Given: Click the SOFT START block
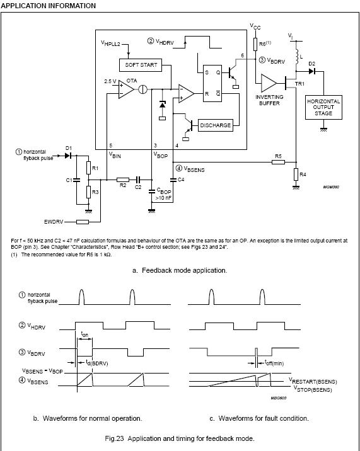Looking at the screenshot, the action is click(141, 65).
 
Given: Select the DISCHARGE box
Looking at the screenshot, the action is click(216, 125).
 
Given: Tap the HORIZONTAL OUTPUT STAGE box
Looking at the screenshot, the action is click(323, 107).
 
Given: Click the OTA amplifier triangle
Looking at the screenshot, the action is click(126, 89).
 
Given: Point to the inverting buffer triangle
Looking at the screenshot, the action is click(269, 83).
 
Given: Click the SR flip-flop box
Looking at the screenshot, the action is click(212, 83).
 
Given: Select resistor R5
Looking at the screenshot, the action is click(278, 163).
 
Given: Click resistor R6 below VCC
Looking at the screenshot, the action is click(255, 44).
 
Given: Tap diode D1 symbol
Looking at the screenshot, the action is click(67, 156).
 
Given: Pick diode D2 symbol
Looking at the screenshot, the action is click(312, 71).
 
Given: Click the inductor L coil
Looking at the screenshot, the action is click(297, 56).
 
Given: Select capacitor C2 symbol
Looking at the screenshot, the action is click(138, 180).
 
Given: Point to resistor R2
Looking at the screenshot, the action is click(123, 180).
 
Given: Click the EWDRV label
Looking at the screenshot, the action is click(54, 222).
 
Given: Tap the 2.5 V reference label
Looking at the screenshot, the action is click(110, 81).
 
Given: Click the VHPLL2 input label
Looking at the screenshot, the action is click(110, 43).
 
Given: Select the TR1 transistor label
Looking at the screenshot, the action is click(299, 84).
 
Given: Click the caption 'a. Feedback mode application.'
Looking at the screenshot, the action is click(180, 270).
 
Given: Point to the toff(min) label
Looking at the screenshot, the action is click(274, 363).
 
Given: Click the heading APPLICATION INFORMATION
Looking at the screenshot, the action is click(48, 6).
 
